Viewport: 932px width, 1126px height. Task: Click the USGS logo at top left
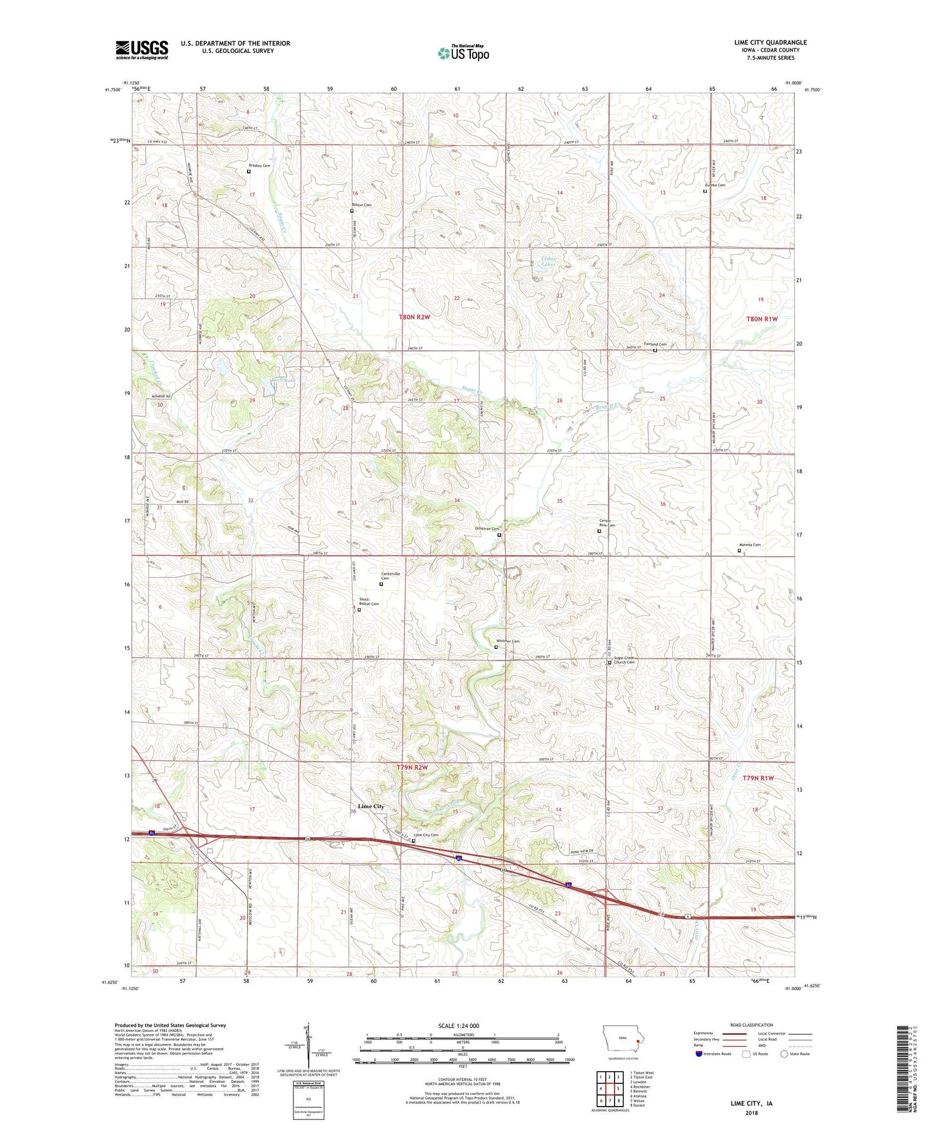[142, 50]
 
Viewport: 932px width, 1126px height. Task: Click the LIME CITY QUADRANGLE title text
[770, 43]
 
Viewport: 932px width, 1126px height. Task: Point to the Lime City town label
[371, 806]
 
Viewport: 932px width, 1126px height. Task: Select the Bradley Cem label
[259, 166]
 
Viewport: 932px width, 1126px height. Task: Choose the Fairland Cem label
[655, 344]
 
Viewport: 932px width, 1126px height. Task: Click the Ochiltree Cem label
[486, 529]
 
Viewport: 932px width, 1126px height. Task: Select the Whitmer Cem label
[508, 641]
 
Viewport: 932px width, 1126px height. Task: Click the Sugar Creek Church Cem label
[624, 660]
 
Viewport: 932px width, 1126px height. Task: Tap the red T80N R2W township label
[413, 317]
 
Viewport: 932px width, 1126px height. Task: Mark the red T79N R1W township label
[758, 778]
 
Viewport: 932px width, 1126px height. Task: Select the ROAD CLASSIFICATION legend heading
[751, 1025]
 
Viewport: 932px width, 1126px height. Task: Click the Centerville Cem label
[390, 575]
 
